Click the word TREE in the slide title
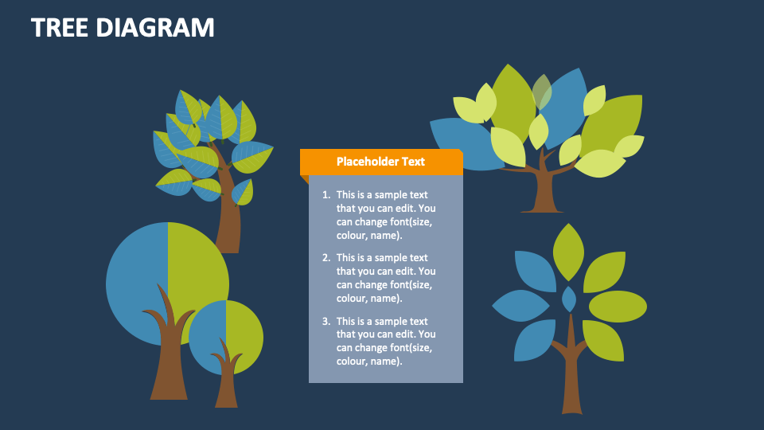(60, 27)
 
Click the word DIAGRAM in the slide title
(155, 27)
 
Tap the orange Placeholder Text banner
(381, 162)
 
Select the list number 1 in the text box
(326, 195)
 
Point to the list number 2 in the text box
(326, 258)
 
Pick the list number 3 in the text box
(326, 321)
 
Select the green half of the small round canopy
(244, 336)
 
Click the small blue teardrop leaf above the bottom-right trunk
(568, 299)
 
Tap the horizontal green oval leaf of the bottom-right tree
(618, 307)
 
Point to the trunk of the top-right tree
(543, 188)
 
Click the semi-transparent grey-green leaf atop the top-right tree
(542, 92)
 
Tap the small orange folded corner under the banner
(305, 179)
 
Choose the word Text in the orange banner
(413, 162)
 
